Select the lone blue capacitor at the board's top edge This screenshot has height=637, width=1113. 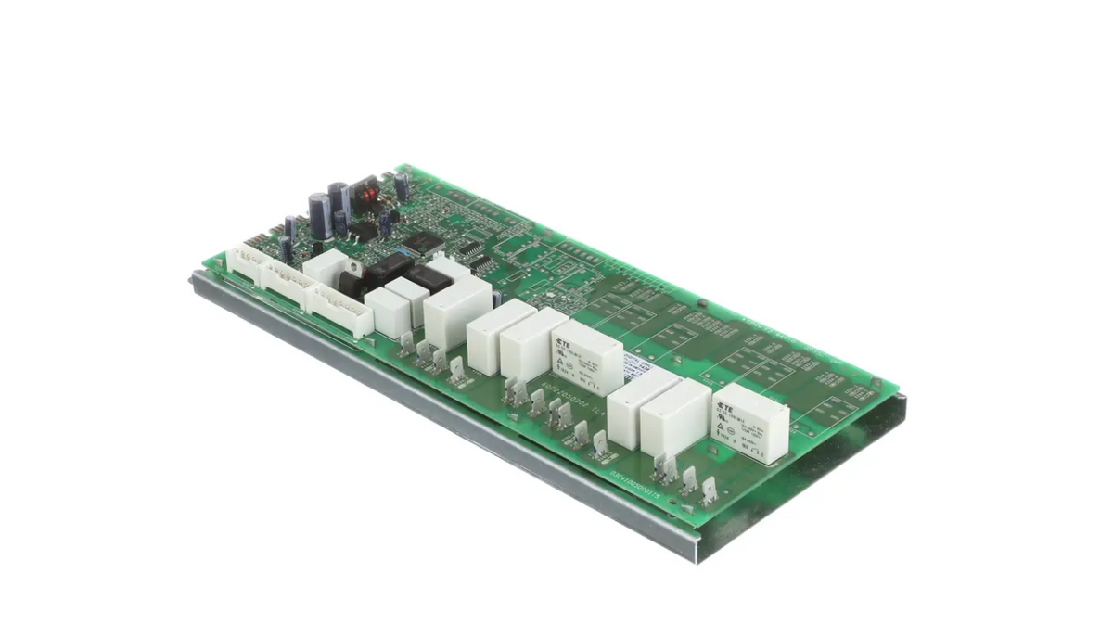point(401,185)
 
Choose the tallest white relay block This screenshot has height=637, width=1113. point(456,309)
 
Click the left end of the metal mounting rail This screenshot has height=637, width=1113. point(196,282)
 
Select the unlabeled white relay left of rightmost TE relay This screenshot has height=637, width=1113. point(673,416)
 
